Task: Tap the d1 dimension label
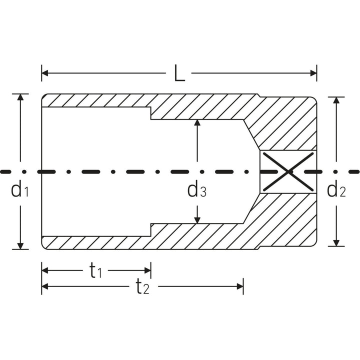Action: point(19,189)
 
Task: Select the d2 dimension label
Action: point(336,189)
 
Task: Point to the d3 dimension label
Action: point(196,189)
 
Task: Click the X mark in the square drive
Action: point(289,171)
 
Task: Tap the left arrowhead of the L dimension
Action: point(45,73)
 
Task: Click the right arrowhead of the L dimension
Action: point(313,73)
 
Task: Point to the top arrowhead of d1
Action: point(20,97)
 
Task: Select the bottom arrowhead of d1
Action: point(20,245)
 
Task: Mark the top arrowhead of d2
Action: point(336,100)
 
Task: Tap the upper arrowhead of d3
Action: point(197,123)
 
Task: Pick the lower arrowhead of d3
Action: point(197,220)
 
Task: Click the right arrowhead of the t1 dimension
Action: point(147,270)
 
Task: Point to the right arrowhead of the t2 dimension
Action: point(239,286)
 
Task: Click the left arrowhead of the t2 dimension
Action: point(45,286)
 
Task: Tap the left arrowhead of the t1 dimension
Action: point(45,270)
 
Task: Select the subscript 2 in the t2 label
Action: point(146,290)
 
